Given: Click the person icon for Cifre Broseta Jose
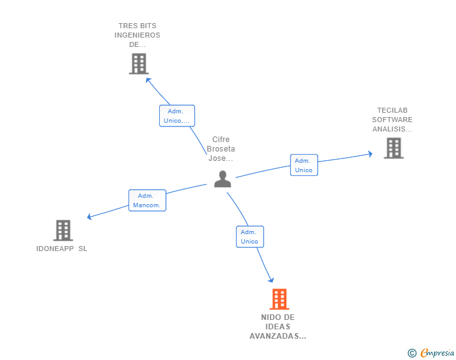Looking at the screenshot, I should tap(222, 179).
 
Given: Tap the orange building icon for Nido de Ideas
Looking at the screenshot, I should tap(279, 299).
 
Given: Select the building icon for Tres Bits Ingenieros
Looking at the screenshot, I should tap(138, 63).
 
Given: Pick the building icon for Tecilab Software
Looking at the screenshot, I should tap(393, 148).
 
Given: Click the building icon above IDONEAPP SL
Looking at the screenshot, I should tap(63, 230).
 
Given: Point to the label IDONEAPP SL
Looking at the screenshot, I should tap(62, 249).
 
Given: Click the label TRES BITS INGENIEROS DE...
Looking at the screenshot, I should tap(137, 35).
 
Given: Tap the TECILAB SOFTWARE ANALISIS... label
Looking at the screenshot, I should tap(392, 120).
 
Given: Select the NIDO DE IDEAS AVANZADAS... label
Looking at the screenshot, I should tap(277, 327).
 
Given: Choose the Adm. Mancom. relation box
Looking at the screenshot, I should tap(148, 200).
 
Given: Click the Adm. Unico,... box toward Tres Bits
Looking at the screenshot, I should tap(177, 116).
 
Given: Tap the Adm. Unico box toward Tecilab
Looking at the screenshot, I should tap(304, 165).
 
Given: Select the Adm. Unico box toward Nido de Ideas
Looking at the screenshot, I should tap(249, 237).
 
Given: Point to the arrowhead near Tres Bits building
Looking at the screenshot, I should tap(148, 80).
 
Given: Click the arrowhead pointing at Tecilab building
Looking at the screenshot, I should tap(370, 154).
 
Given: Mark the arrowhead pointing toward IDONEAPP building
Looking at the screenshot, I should tap(90, 217).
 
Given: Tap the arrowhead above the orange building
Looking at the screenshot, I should tap(271, 280).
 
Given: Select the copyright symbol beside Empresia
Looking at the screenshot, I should tap(412, 353).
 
